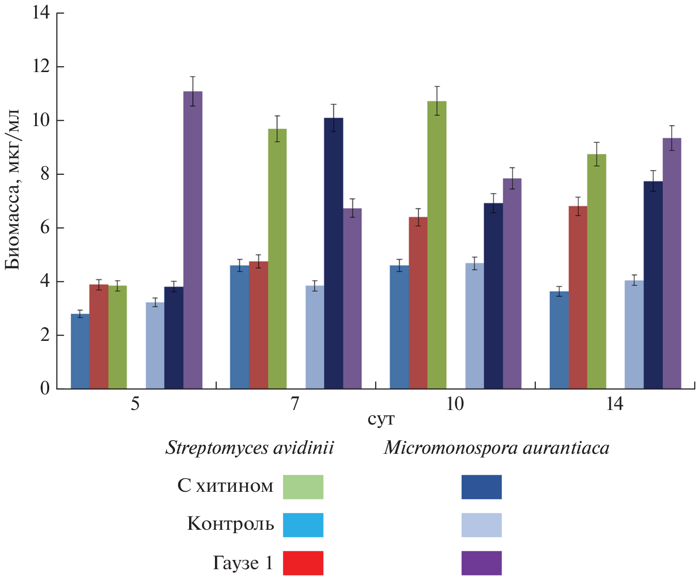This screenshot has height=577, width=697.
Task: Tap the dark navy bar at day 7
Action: pos(333,253)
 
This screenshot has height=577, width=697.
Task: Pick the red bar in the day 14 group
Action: pos(578,297)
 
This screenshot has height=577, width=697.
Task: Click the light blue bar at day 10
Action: pos(474,326)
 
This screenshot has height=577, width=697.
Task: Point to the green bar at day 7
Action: pos(277,259)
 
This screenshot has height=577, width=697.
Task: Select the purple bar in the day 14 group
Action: pos(672,263)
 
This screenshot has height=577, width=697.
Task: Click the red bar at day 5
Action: pos(99,336)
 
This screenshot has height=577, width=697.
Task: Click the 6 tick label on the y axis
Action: pos(44,228)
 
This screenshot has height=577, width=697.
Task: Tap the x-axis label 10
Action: pos(455,404)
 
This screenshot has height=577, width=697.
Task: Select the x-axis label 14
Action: pos(615,404)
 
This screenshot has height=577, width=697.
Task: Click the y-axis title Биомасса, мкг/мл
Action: pos(13,190)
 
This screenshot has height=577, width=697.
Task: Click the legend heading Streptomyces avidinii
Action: pos(250,447)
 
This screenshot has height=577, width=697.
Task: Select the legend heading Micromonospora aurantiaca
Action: pos(496,447)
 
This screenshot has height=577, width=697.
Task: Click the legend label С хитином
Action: pos(225,486)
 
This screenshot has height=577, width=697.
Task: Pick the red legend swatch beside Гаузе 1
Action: pos(303,563)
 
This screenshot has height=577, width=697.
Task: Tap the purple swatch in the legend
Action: pos(481,563)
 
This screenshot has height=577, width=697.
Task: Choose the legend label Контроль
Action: pos(230,524)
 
